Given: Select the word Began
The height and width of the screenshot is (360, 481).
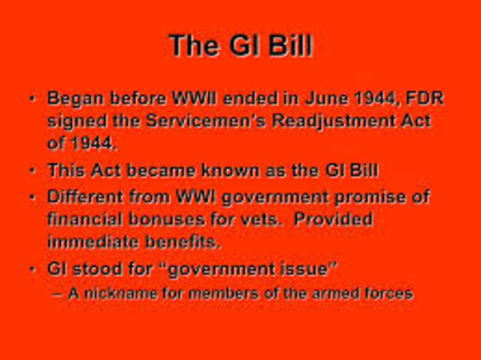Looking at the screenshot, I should pos(74,99).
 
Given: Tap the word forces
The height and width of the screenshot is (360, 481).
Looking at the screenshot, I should pos(389,292).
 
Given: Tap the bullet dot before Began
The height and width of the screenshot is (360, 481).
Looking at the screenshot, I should pos(32,98).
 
